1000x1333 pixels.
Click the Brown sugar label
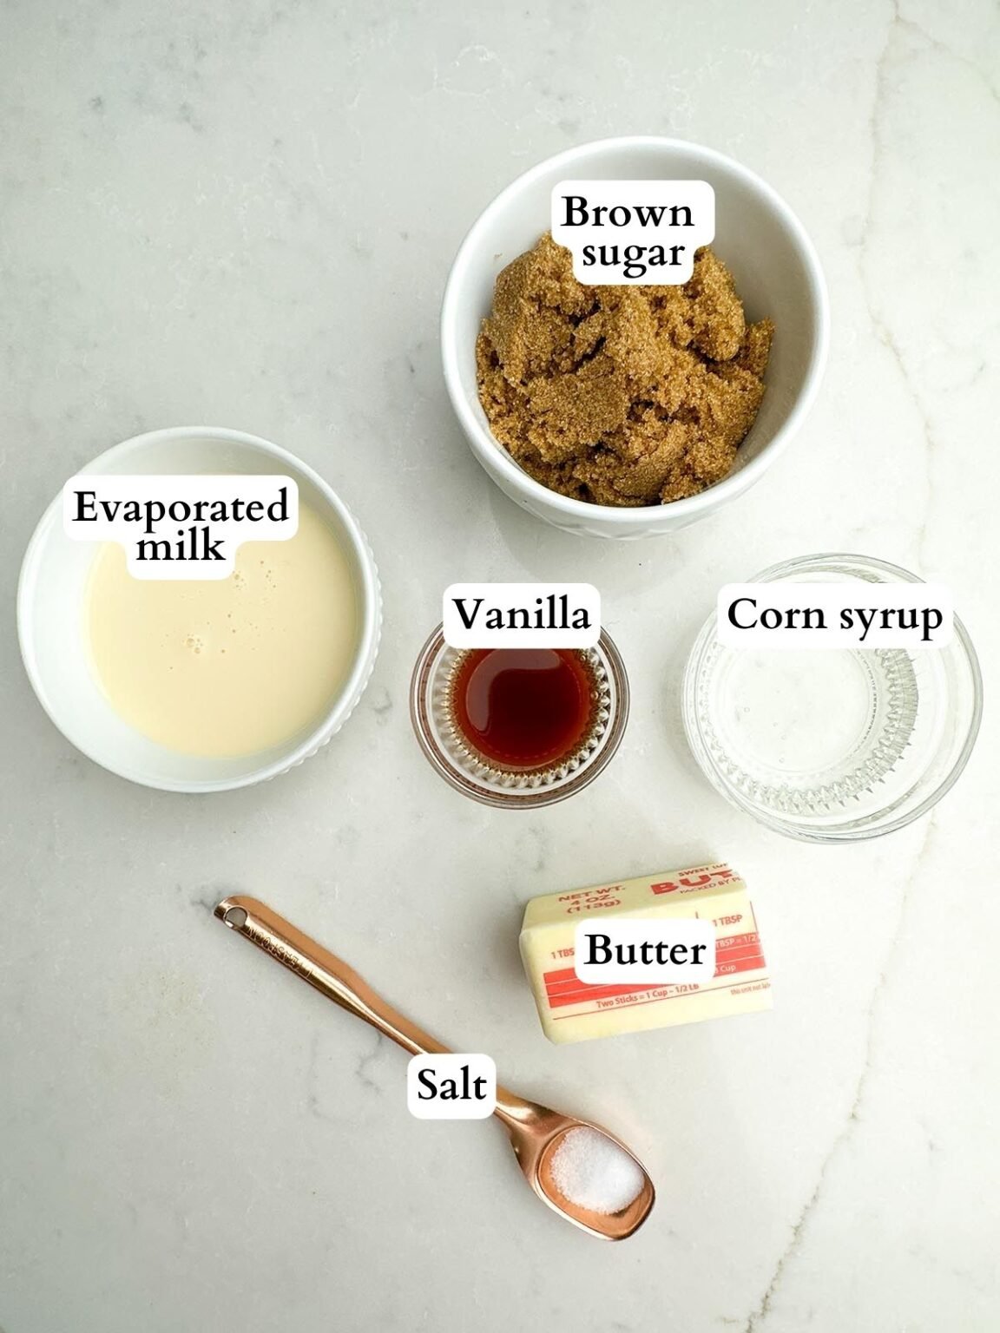[x=628, y=232]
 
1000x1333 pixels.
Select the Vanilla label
[x=522, y=615]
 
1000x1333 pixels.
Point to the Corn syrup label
[x=834, y=616]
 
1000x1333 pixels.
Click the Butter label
[x=645, y=950]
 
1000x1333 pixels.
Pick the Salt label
[x=451, y=1085]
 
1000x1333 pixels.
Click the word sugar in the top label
[x=633, y=253]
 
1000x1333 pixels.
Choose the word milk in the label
[x=181, y=547]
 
